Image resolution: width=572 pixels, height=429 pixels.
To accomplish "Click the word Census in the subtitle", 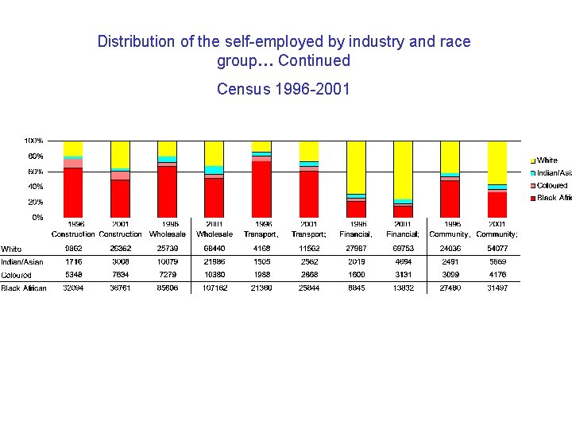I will tap(242, 88).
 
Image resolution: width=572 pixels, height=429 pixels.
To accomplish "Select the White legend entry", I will tap(547, 160).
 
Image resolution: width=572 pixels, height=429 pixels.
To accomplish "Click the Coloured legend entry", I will tap(551, 185).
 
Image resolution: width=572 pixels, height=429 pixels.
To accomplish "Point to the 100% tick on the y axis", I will tap(33, 141).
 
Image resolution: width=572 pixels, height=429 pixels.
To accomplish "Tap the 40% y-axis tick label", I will tap(36, 187).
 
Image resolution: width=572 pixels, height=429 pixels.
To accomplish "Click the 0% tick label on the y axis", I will tap(37, 217).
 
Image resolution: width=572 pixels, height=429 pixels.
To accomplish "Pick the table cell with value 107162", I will tap(214, 288).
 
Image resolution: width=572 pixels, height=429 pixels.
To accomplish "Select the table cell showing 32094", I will tap(73, 288).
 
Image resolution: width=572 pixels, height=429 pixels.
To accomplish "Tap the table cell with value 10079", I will tap(168, 261).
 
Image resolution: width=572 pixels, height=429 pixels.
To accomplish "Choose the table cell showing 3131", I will tap(403, 275).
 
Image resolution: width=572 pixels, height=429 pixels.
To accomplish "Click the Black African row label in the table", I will tap(24, 288).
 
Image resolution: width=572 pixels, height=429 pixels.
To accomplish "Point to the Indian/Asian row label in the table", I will tap(21, 261).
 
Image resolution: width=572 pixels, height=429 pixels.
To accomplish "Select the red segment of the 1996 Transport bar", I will tap(261, 189).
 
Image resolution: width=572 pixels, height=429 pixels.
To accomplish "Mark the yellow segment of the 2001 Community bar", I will tap(497, 162).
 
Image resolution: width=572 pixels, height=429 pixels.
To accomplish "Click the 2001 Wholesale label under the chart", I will tap(214, 229).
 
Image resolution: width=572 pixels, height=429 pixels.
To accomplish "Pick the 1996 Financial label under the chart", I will tap(355, 229).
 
